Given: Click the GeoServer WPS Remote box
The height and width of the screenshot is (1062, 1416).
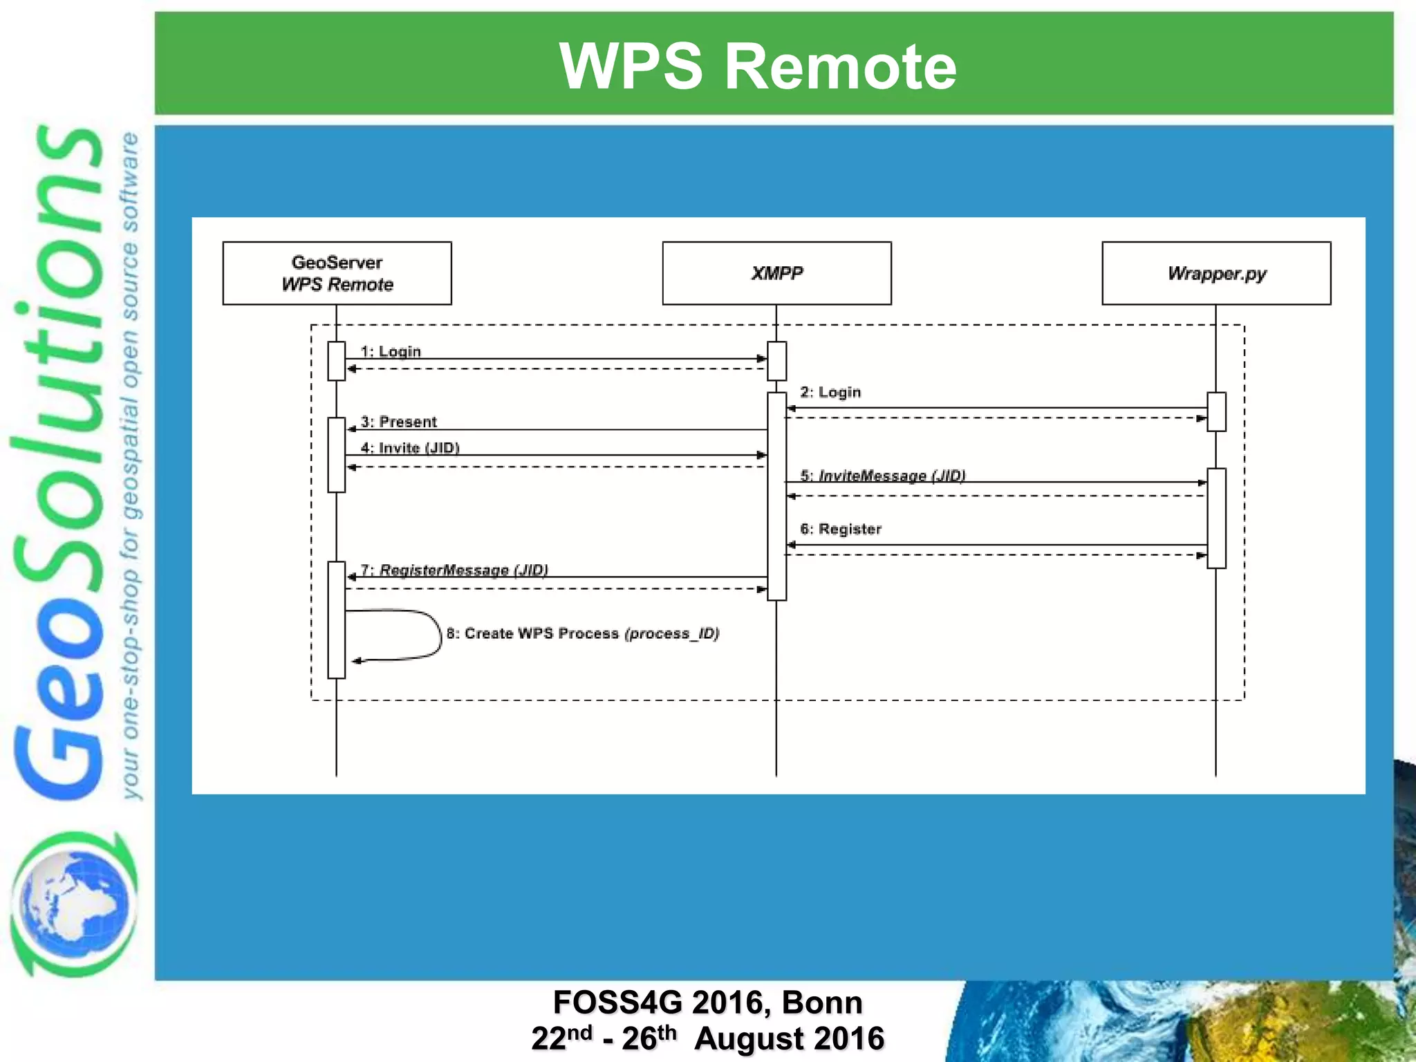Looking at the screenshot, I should tap(337, 273).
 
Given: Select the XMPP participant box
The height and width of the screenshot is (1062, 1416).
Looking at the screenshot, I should tap(776, 273).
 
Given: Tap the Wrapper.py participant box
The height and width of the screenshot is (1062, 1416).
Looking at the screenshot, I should tap(1216, 273).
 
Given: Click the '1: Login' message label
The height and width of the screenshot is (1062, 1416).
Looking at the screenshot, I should tap(391, 351).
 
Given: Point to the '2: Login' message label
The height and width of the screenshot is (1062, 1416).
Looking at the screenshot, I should tap(830, 392).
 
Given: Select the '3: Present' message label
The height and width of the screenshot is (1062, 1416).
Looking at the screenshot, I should tap(399, 422).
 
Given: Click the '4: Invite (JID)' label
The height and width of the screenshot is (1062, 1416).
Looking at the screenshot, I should tap(410, 448).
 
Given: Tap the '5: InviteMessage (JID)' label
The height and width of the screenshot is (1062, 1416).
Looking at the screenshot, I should tap(883, 475).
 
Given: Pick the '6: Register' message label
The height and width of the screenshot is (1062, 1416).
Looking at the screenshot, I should tap(841, 529).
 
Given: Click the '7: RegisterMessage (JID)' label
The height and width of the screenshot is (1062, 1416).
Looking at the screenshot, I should tap(454, 570).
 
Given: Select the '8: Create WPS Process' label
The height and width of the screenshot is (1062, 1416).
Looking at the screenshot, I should tap(583, 633).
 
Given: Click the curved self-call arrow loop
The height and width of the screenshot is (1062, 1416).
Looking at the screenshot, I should tap(432, 635).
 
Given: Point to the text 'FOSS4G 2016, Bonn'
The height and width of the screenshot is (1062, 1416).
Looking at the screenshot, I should tap(707, 1002).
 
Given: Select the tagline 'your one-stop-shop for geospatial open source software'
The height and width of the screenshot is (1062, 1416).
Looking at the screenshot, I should tap(130, 467).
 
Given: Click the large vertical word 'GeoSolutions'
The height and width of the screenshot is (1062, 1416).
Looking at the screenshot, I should tap(59, 463).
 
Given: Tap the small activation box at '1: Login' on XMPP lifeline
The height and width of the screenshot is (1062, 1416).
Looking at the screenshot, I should tap(776, 361).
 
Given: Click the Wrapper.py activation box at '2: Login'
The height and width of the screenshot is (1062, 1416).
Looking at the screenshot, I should tap(1216, 412).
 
